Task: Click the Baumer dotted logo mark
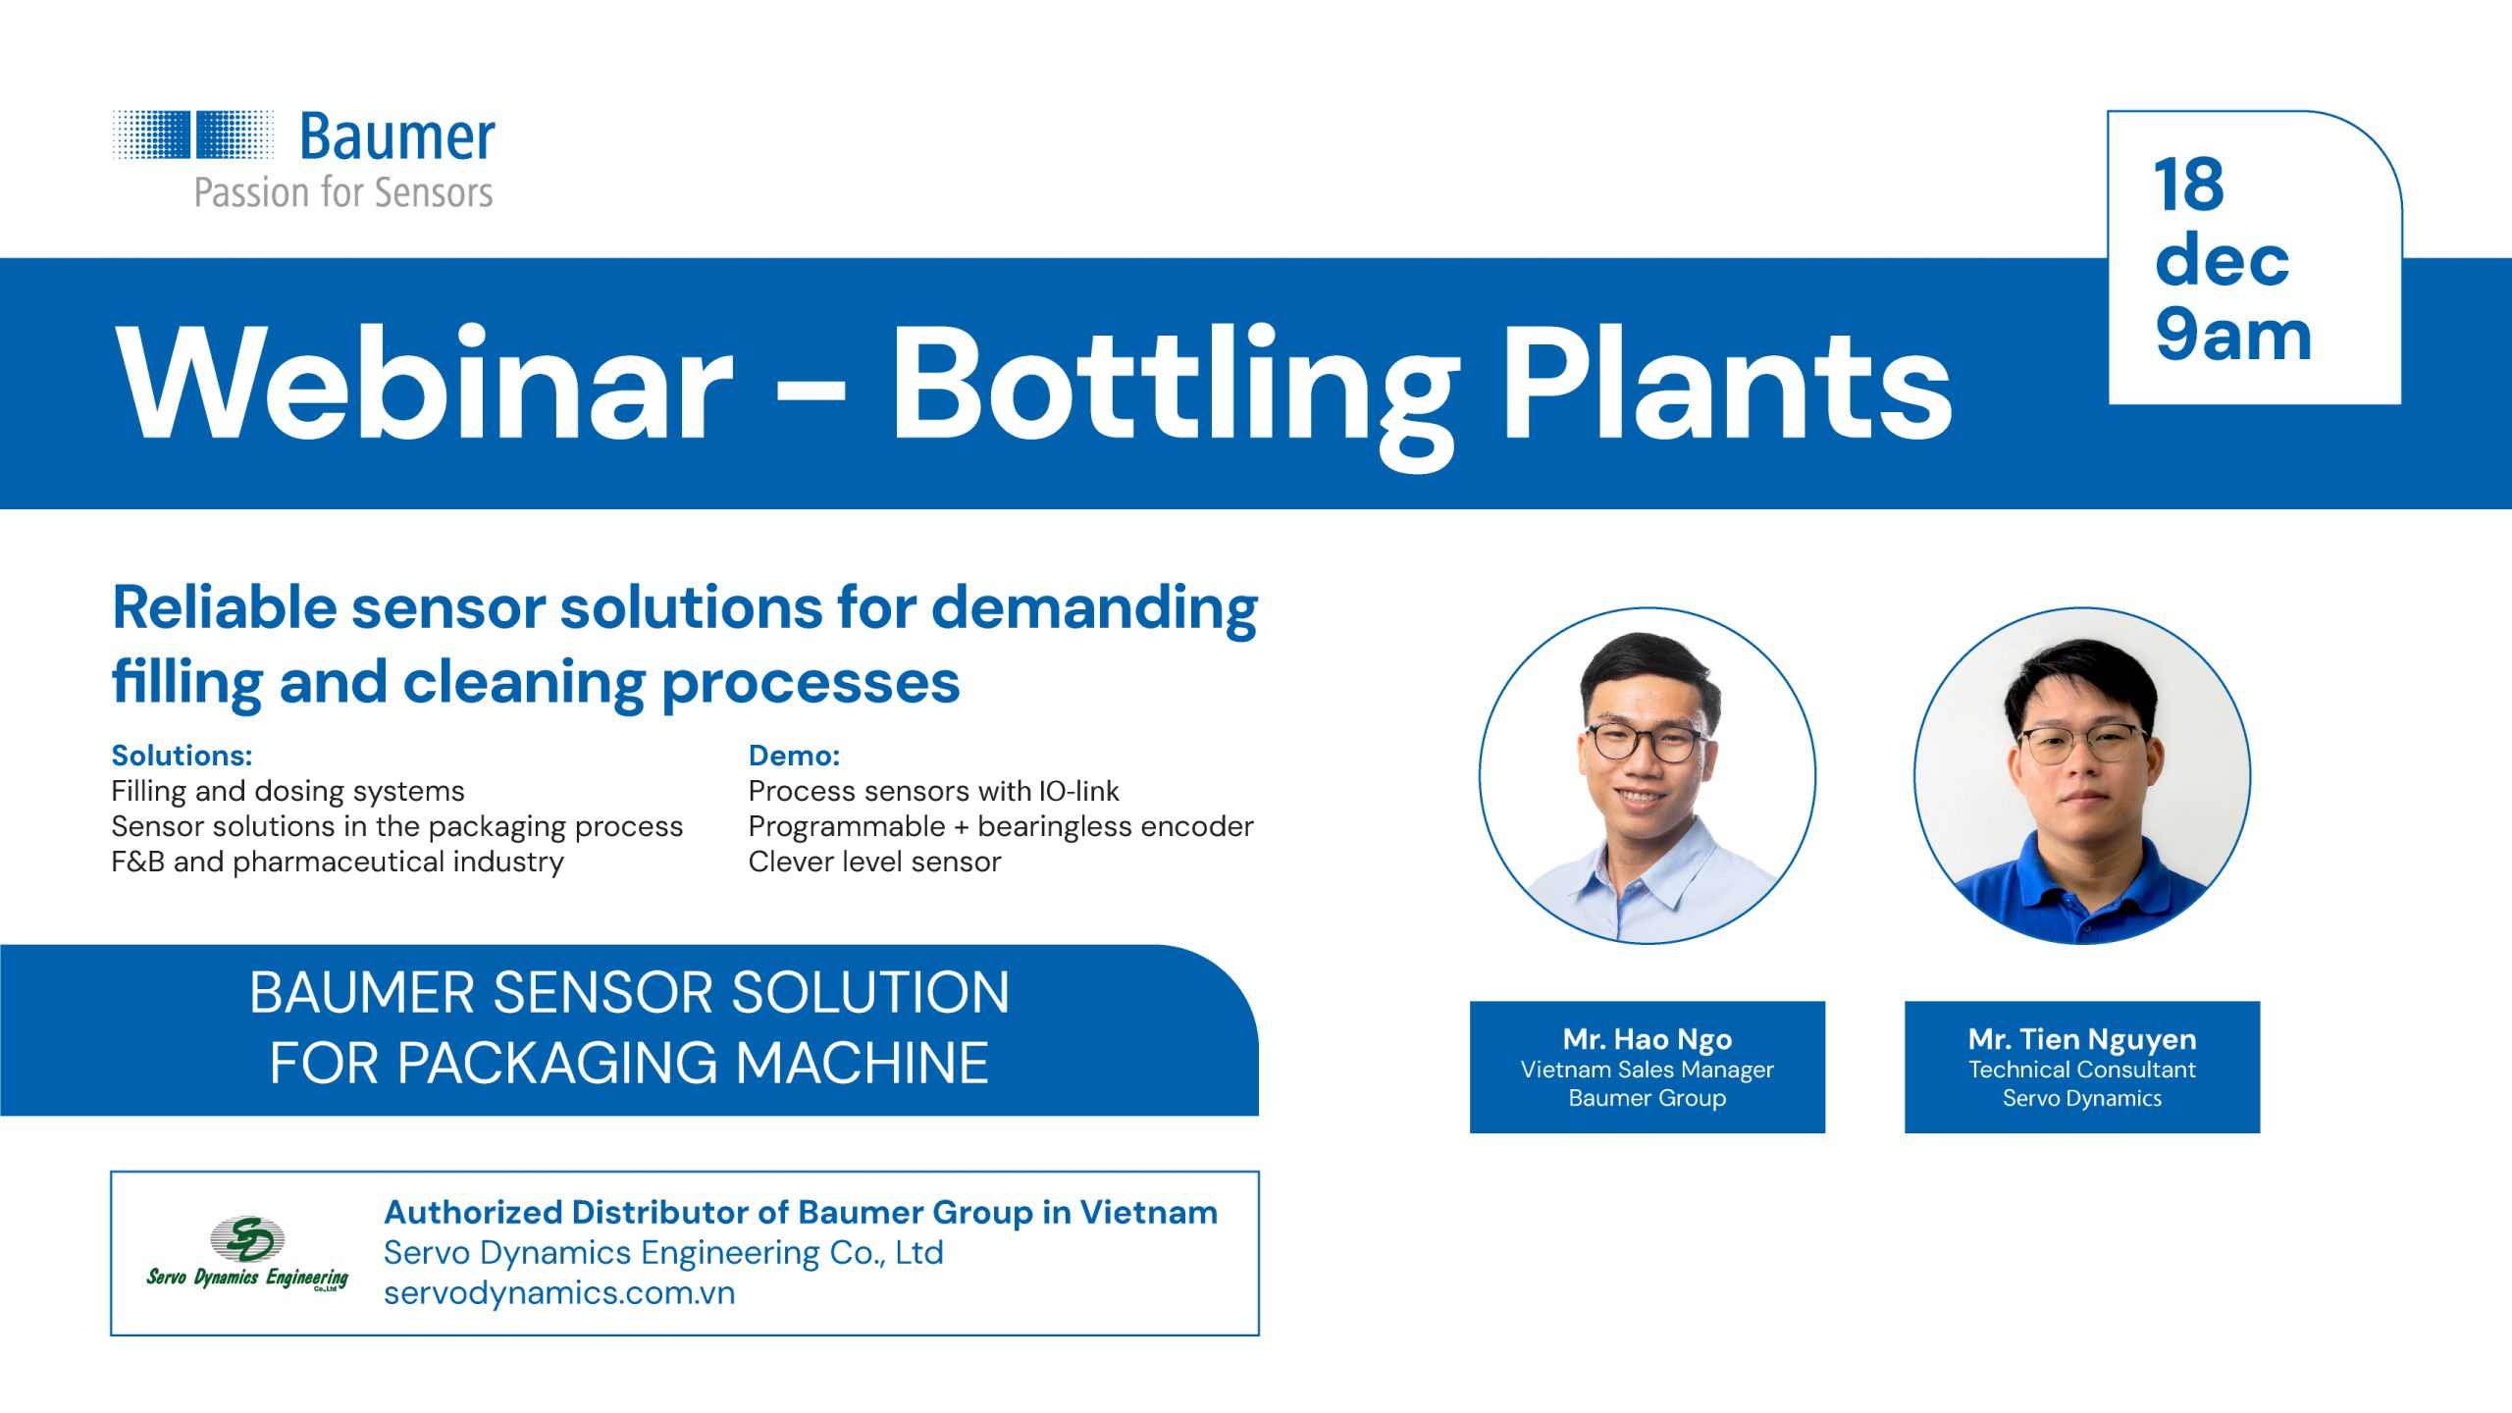tap(193, 134)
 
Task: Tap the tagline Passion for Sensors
tap(343, 193)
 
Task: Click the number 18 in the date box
tap(2188, 184)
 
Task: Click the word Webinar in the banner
tap(425, 384)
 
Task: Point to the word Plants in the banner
tap(1728, 384)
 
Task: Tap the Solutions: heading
tap(182, 756)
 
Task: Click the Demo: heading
tap(794, 756)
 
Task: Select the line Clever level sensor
tap(874, 862)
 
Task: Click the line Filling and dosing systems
tap(288, 791)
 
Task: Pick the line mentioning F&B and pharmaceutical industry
tap(338, 862)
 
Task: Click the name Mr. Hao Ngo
tap(1648, 1039)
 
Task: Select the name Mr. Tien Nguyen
tap(2082, 1039)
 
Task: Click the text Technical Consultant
tap(2082, 1070)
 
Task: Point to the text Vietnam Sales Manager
tap(1648, 1070)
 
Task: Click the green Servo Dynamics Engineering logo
tap(247, 1253)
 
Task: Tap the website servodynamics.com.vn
tap(559, 1293)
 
